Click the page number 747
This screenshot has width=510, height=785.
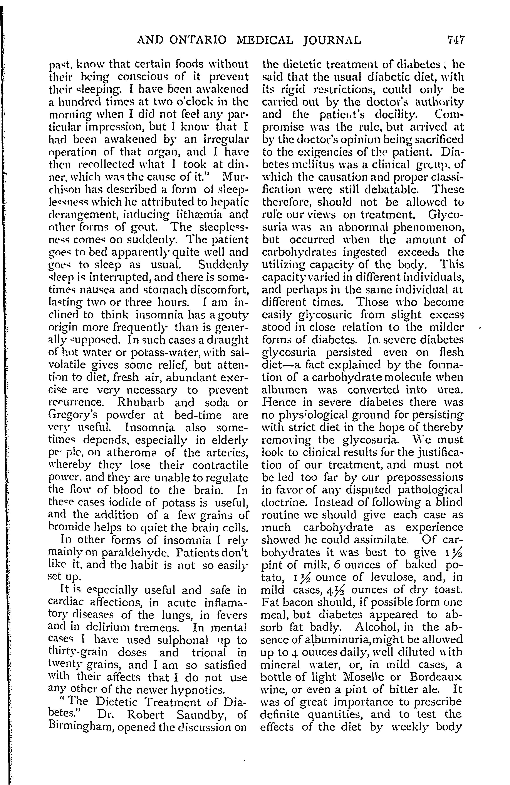point(455,40)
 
